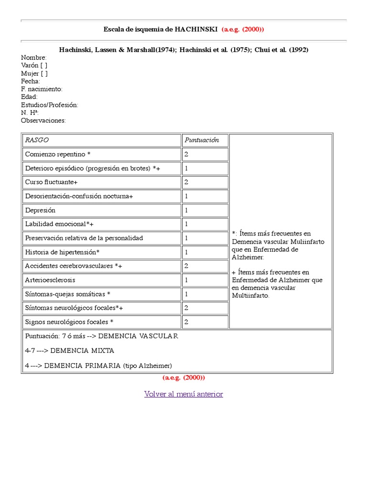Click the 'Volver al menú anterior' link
point(183,394)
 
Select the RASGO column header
point(37,140)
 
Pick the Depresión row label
point(40,210)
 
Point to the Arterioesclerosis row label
point(50,280)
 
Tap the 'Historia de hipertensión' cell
point(62,252)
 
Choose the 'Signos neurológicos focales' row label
point(69,322)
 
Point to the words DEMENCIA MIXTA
point(82,351)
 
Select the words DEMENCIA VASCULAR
point(138,336)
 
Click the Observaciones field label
point(43,121)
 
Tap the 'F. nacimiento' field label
point(42,89)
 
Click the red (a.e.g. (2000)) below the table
point(183,378)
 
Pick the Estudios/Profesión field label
point(50,105)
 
